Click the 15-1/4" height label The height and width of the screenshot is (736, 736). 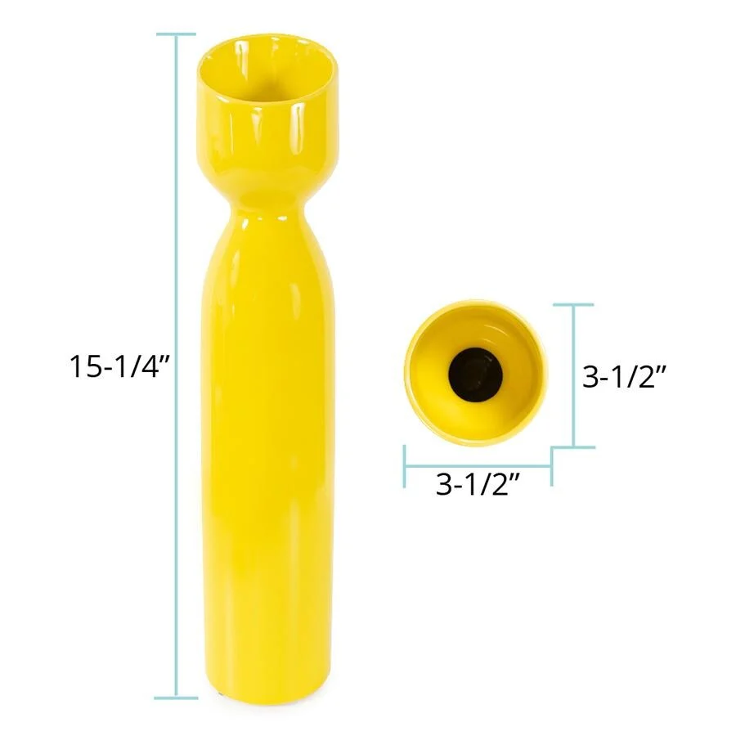point(119,366)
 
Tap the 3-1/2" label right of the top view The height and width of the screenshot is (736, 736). point(624,376)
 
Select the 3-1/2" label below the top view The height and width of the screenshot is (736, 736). point(478,484)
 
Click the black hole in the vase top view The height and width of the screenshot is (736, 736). point(475,375)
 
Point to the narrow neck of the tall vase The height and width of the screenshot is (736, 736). point(267,207)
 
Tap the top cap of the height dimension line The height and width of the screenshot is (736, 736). point(177,34)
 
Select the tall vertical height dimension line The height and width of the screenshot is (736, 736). point(177,366)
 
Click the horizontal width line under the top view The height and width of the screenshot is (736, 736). point(478,467)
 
